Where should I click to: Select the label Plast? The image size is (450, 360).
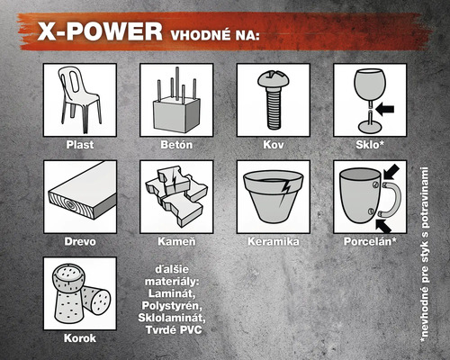click(79, 144)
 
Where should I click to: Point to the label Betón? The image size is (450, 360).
click(176, 144)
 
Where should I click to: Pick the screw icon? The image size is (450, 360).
click(272, 99)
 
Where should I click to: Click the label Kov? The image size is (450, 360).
click(273, 144)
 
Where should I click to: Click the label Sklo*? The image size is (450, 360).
click(369, 144)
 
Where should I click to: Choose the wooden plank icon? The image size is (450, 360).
click(79, 196)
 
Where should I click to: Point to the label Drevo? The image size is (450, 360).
click(79, 241)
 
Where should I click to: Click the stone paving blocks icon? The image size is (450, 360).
click(176, 195)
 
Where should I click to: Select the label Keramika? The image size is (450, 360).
click(273, 241)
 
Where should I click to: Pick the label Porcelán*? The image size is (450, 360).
click(369, 241)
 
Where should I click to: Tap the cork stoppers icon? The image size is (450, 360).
click(79, 292)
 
